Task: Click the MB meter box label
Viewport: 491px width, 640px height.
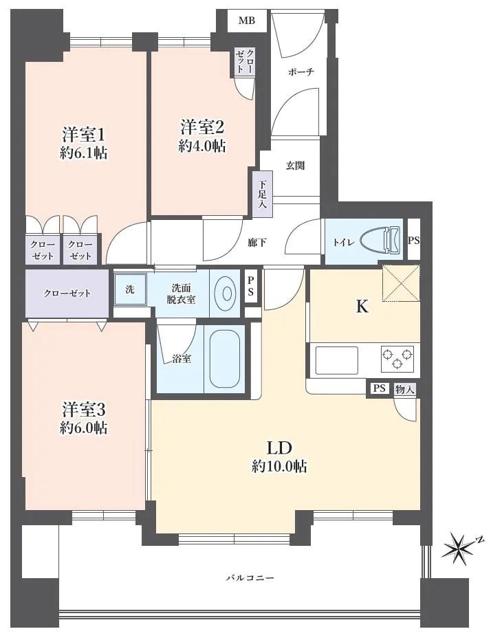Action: (247, 21)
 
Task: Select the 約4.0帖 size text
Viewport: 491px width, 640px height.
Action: (202, 146)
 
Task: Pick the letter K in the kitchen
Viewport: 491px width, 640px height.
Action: (362, 307)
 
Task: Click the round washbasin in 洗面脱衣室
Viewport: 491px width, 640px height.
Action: (224, 293)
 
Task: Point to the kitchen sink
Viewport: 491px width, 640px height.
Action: (336, 360)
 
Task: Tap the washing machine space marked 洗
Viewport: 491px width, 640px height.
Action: (130, 289)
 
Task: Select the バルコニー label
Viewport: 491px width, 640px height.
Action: (250, 578)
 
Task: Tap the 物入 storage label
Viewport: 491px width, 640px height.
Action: (405, 389)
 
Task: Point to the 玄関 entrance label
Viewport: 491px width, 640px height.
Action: (296, 166)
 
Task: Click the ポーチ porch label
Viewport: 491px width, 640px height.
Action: (301, 71)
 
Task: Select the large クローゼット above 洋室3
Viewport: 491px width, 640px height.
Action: (67, 293)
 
